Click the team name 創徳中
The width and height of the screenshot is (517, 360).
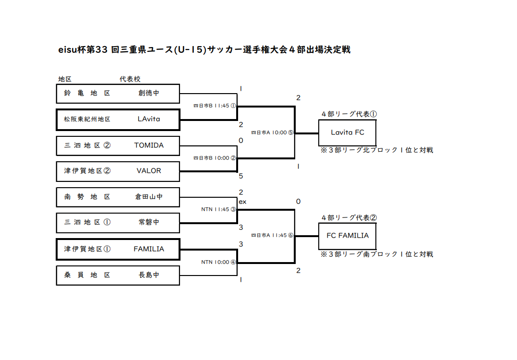click(149, 93)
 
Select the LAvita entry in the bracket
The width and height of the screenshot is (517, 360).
click(149, 119)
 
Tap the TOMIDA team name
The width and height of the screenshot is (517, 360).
click(149, 145)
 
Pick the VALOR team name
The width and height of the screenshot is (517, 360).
click(149, 171)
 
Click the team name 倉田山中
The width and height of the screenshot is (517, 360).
click(149, 197)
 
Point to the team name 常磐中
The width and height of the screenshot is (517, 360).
click(149, 222)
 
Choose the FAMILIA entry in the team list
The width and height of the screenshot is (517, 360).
click(149, 249)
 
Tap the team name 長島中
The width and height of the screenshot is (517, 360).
click(149, 275)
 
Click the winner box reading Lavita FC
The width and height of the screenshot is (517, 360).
click(347, 132)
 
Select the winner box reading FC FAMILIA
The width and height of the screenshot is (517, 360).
click(347, 236)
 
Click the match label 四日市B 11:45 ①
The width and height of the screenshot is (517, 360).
click(215, 106)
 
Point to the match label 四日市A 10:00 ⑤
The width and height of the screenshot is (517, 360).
click(272, 132)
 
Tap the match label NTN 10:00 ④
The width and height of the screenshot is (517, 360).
click(218, 262)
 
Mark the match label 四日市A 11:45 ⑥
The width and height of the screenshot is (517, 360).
click(272, 235)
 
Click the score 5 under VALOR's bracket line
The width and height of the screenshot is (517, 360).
click(241, 176)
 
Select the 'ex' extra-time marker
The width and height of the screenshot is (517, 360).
click(242, 202)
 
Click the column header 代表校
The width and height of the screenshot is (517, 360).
click(130, 79)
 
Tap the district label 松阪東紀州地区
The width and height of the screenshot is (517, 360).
click(87, 119)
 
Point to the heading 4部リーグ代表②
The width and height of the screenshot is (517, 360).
click(349, 217)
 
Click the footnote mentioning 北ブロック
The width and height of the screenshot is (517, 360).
click(377, 150)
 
